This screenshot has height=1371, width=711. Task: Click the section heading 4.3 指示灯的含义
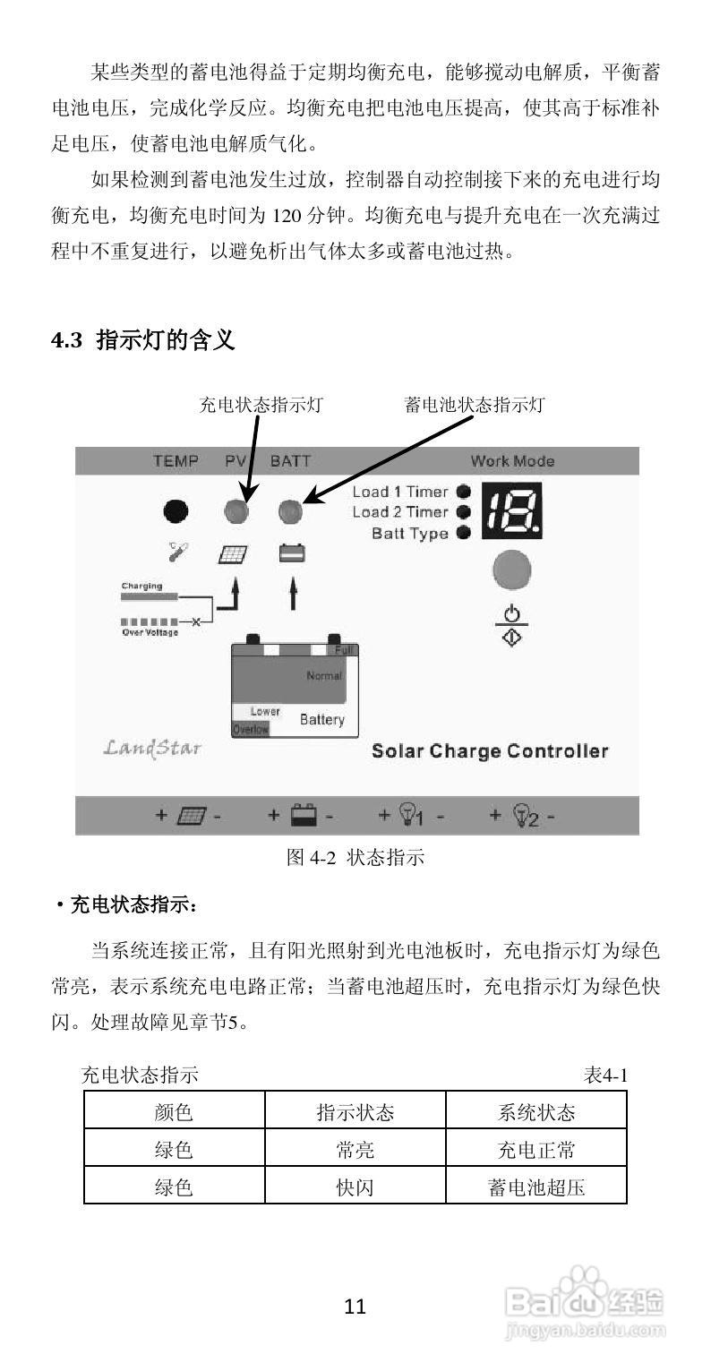[142, 341]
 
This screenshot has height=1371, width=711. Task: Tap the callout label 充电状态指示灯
[260, 405]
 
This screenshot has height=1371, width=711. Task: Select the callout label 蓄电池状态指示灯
[475, 405]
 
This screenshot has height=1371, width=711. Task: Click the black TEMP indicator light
[176, 511]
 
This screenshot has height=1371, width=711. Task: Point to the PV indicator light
[236, 511]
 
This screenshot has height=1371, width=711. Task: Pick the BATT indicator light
[289, 511]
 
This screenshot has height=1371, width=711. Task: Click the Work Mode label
[512, 461]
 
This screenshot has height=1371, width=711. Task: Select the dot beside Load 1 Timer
[463, 492]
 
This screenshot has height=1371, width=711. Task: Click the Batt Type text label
[409, 534]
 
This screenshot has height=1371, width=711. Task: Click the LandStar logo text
[152, 748]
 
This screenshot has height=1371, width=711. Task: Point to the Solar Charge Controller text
[490, 751]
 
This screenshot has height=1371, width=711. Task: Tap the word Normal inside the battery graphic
[324, 675]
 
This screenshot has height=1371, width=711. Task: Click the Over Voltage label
[150, 632]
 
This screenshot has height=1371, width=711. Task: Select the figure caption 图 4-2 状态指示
[355, 857]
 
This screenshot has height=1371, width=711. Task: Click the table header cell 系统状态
[535, 1112]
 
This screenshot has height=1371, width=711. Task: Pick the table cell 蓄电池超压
[535, 1187]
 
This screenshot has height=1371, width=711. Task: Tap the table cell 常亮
[355, 1150]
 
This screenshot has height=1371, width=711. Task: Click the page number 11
[355, 1306]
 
